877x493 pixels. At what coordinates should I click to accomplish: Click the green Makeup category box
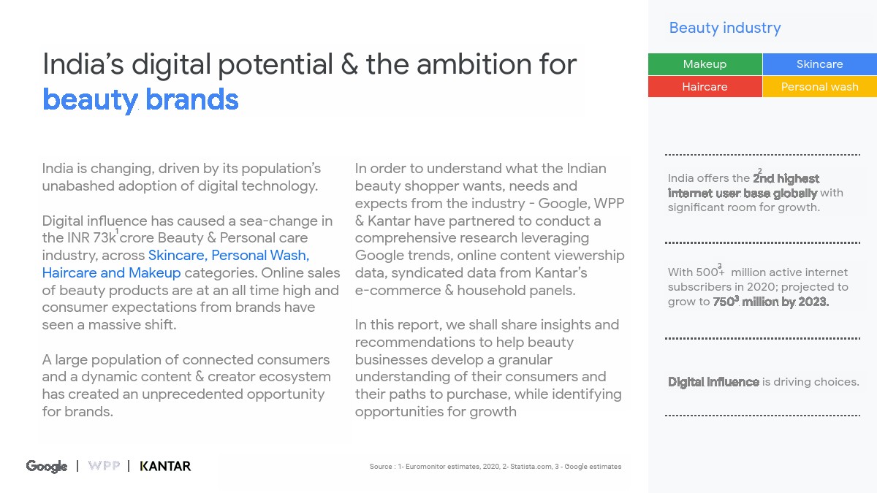point(705,64)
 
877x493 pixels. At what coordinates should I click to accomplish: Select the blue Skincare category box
point(820,64)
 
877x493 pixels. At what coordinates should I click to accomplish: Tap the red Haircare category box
point(705,86)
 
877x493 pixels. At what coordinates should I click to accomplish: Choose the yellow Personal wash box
point(820,86)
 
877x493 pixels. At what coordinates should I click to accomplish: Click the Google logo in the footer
point(47,467)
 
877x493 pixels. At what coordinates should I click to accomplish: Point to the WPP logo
point(104,466)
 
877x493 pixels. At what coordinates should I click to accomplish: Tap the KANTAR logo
point(165,466)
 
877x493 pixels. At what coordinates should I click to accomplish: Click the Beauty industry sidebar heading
point(725,28)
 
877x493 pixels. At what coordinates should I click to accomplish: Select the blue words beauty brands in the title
point(140,100)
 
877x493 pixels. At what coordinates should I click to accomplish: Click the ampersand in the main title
point(349,64)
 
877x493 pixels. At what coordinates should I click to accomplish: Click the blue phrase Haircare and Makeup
point(111,272)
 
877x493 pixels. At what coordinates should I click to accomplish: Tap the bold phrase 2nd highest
point(786,178)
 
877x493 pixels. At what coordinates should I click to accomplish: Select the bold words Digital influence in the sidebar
point(713,382)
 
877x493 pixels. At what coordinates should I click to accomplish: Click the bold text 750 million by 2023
point(771,302)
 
